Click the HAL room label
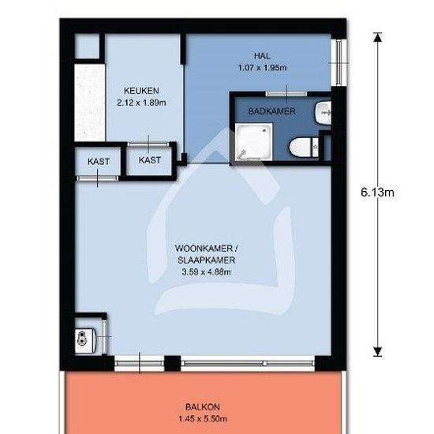pos(262,56)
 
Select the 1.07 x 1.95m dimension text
pos(262,68)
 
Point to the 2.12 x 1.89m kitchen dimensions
pos(141,103)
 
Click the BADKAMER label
pos(271,111)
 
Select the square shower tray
pos(254,142)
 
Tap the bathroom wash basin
pos(323,113)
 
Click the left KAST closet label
pos(99,161)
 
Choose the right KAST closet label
pos(149,160)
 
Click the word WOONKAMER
pos(204,249)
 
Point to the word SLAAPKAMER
pos(207,260)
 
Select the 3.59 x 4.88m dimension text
pos(206,272)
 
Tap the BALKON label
pos(203,407)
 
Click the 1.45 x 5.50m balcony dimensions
pos(203,419)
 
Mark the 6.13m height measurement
pos(377,192)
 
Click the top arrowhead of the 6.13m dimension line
pos(377,37)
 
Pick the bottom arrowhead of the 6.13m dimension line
pos(377,351)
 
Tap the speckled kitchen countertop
pos(90,103)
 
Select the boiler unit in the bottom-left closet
pos(85,340)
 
